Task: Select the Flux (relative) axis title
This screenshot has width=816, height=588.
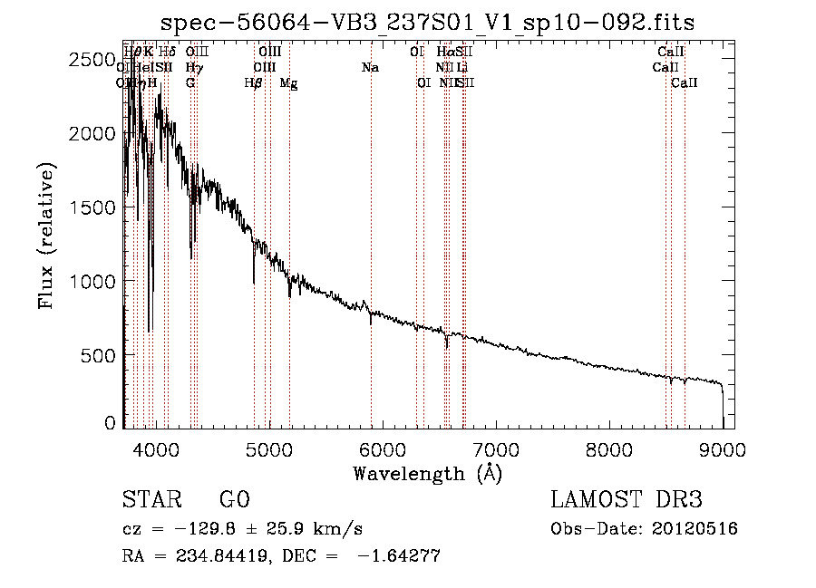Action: click(x=47, y=236)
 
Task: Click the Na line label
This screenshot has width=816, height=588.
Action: click(x=370, y=68)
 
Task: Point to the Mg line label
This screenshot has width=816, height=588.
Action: click(x=288, y=83)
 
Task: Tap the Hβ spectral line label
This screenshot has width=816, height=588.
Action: click(x=254, y=83)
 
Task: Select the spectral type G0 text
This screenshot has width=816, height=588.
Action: click(x=234, y=500)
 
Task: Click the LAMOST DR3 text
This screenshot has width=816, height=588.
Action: click(x=626, y=500)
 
